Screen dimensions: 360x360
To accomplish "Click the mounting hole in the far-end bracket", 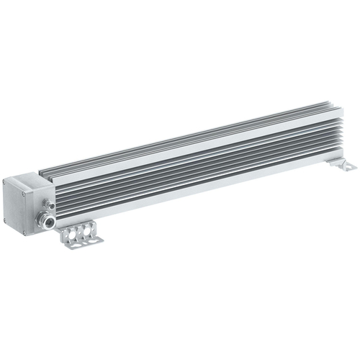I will coord(349,167).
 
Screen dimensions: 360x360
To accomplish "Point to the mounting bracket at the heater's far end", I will coord(343,165).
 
